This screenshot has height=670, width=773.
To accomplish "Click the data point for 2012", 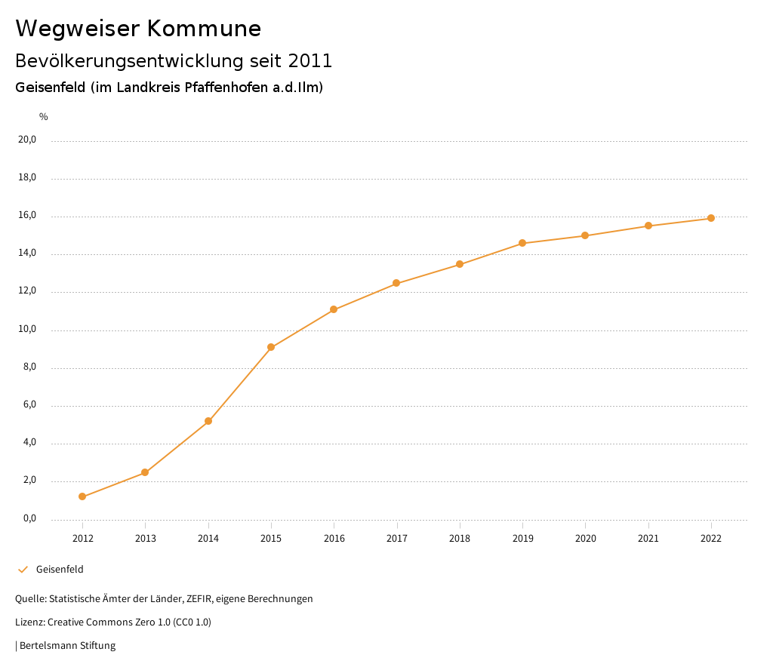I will pyautogui.click(x=82, y=496).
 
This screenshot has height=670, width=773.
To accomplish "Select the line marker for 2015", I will pyautogui.click(x=271, y=348).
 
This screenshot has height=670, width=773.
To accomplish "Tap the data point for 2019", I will pyautogui.click(x=522, y=243).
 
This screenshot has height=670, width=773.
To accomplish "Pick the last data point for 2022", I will pyautogui.click(x=711, y=218).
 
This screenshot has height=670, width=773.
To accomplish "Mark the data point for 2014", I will pyautogui.click(x=208, y=421).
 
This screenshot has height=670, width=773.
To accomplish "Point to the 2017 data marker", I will pyautogui.click(x=396, y=284).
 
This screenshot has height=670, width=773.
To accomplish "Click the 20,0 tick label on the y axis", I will pyautogui.click(x=28, y=140).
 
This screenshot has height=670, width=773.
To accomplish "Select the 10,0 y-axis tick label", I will pyautogui.click(x=28, y=329).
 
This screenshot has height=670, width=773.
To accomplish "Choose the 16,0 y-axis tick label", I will pyautogui.click(x=28, y=215).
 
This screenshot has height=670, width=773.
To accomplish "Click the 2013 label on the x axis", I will pyautogui.click(x=146, y=539).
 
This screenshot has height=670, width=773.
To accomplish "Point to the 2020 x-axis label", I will pyautogui.click(x=586, y=539).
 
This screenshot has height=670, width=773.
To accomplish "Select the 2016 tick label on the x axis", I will pyautogui.click(x=334, y=539).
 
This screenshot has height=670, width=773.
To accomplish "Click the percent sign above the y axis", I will pyautogui.click(x=44, y=117).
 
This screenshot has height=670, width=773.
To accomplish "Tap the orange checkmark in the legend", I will pyautogui.click(x=23, y=570).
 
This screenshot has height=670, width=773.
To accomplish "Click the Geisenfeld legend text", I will pyautogui.click(x=60, y=570).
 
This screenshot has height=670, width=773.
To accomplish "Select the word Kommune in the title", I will pyautogui.click(x=205, y=29).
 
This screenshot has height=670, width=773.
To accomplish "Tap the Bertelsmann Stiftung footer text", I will pyautogui.click(x=67, y=646).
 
